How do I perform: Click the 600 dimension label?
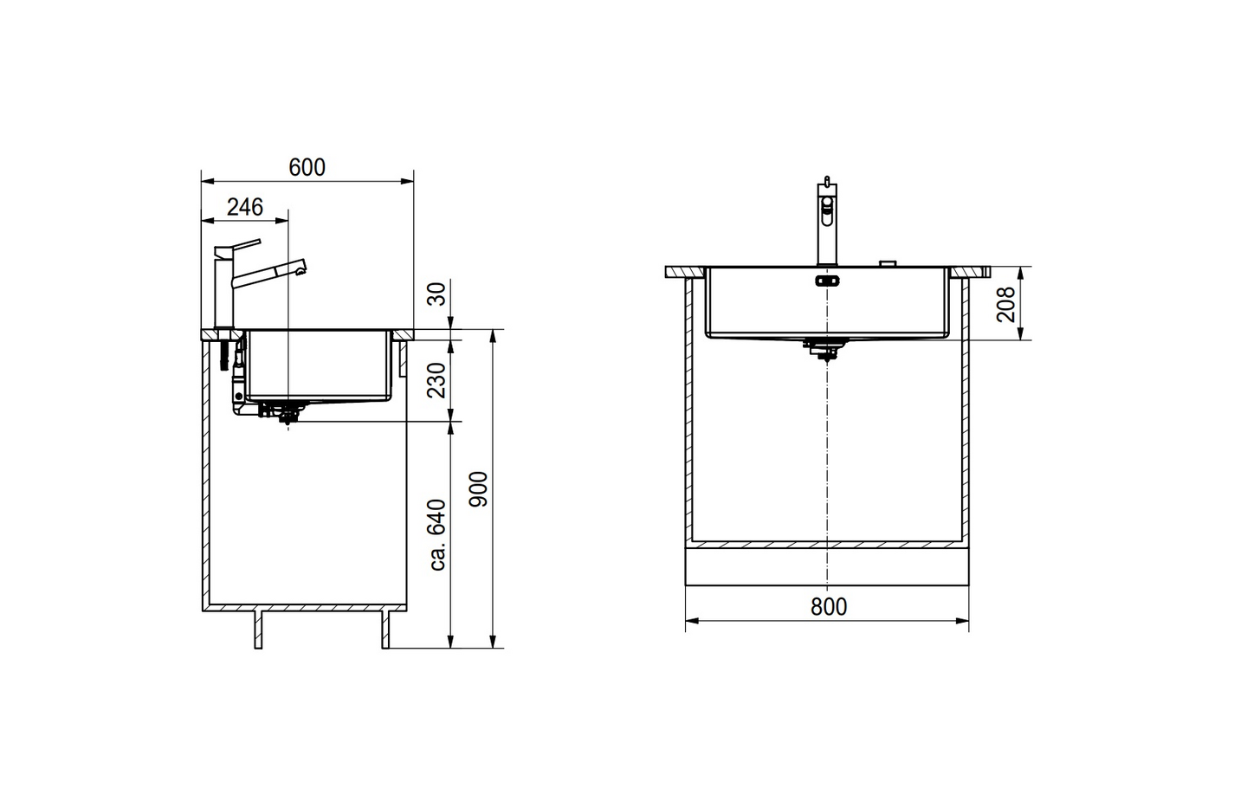(307, 167)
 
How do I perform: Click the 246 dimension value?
(244, 207)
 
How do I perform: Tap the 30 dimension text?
(438, 294)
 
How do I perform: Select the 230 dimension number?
(438, 379)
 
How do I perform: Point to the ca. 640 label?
(438, 534)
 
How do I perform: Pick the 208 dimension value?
(1005, 304)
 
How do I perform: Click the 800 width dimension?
(829, 606)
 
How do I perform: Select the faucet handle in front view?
(827, 205)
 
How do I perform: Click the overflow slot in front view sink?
(827, 280)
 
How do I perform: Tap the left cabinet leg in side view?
(258, 630)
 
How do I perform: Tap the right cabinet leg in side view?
(385, 630)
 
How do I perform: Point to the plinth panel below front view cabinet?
(827, 567)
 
